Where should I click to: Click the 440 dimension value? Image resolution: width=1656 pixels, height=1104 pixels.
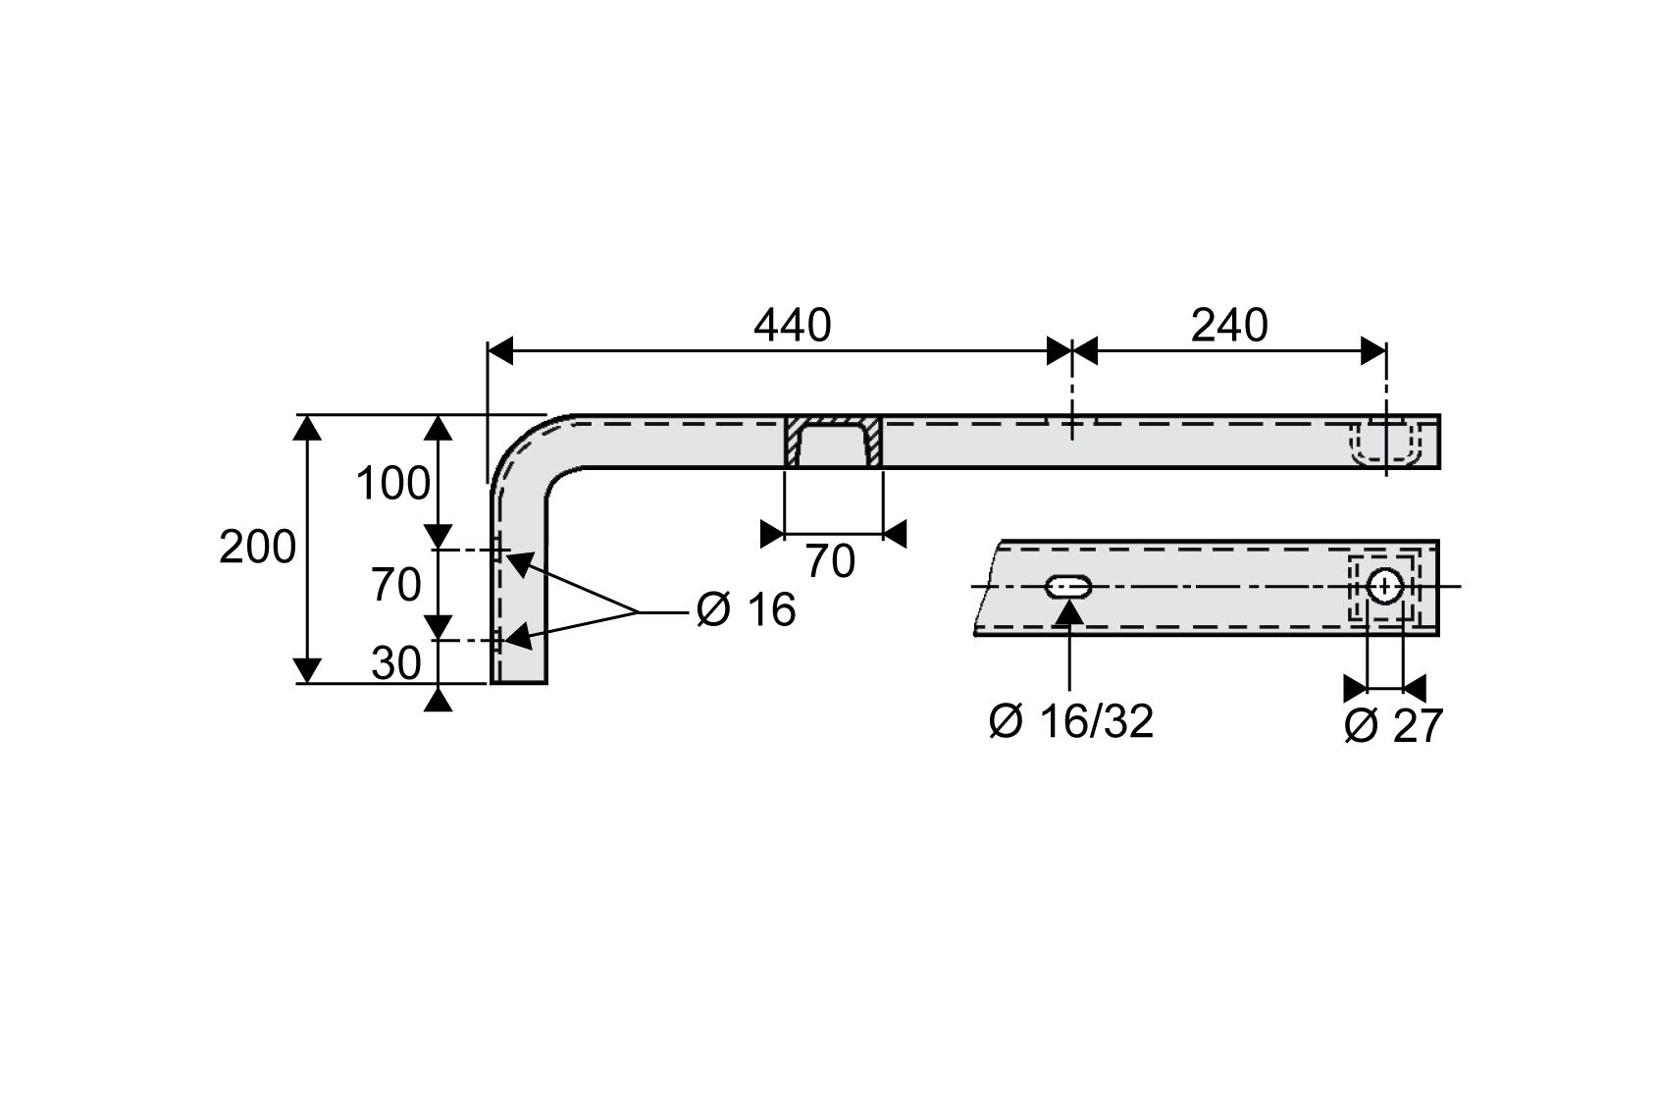coord(792,325)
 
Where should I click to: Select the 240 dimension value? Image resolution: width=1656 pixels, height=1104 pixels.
coord(1229,325)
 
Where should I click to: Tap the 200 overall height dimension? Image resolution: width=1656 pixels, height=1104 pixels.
coord(257,547)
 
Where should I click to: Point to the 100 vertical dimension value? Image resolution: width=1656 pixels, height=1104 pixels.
coord(392,484)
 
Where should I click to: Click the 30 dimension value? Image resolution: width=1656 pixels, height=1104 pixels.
coord(396,664)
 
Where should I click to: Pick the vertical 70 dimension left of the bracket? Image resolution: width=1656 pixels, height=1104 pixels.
coord(396,586)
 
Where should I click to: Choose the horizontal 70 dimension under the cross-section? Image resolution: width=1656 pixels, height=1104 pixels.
coord(830,561)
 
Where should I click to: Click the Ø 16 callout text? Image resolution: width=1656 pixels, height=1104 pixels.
coord(746,610)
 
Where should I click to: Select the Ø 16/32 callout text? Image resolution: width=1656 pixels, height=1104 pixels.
coord(1071,722)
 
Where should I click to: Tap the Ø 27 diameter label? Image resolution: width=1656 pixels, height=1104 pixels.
coord(1393,726)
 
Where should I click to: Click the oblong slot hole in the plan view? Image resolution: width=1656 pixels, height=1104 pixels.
coord(1068,587)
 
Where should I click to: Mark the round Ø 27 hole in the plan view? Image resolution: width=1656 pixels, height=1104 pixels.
coord(1384,587)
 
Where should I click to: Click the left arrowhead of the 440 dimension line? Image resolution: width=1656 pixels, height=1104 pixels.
coord(500,350)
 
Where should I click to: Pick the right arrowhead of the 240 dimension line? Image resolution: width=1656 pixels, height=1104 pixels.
coord(1373,350)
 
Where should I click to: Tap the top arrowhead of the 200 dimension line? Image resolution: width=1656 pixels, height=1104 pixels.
coord(307,427)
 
